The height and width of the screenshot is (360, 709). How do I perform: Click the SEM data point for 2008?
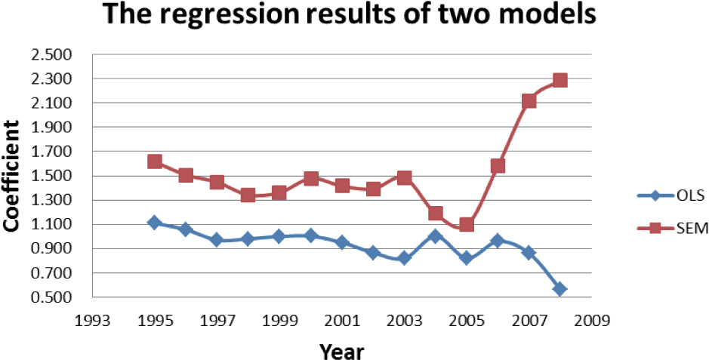(x=559, y=80)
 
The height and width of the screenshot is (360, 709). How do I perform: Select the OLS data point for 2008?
(x=559, y=288)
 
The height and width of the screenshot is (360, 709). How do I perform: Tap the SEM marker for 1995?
(x=155, y=161)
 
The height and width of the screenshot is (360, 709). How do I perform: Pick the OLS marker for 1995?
(x=155, y=223)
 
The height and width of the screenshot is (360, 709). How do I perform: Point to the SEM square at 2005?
(x=466, y=224)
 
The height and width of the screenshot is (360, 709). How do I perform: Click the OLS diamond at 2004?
(x=435, y=236)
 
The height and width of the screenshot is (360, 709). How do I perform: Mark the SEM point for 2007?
(x=529, y=101)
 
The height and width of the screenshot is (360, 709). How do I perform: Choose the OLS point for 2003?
(x=404, y=258)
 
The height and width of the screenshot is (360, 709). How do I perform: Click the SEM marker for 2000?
(x=310, y=179)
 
